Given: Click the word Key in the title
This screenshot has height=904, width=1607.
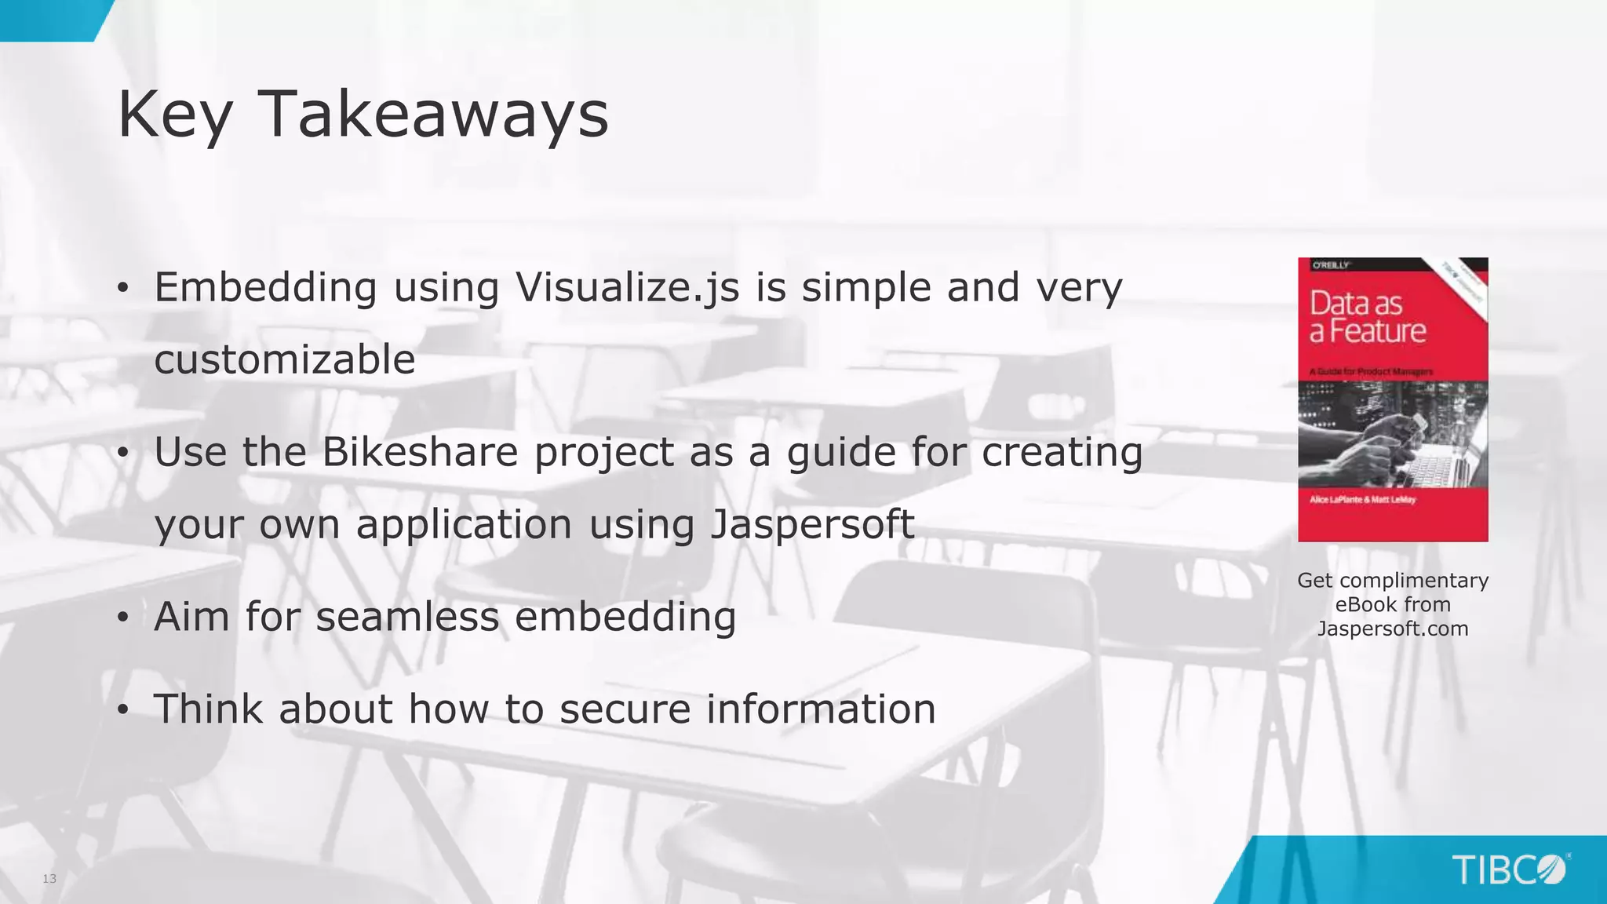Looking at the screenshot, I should (174, 115).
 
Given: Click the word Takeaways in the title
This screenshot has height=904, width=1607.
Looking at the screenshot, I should (433, 115).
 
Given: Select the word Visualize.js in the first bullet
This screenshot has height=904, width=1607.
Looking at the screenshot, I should (627, 287).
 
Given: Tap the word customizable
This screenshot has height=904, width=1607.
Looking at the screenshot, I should (285, 359).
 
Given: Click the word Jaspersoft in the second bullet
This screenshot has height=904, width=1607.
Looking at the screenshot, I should (812, 524).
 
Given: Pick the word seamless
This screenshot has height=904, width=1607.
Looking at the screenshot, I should (407, 617).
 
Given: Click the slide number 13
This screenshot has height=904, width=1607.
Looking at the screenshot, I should (49, 878).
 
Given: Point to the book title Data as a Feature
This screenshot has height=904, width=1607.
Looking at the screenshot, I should (1367, 317).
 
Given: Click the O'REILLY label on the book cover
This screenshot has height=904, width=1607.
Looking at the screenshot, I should (1331, 266).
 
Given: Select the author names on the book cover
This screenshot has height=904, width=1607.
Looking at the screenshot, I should (1362, 500).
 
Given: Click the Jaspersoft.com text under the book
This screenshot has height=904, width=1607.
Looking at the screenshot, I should (1393, 629).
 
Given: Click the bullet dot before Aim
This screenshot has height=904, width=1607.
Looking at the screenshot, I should (122, 618).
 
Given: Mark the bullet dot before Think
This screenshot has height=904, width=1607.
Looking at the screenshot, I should (122, 711).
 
